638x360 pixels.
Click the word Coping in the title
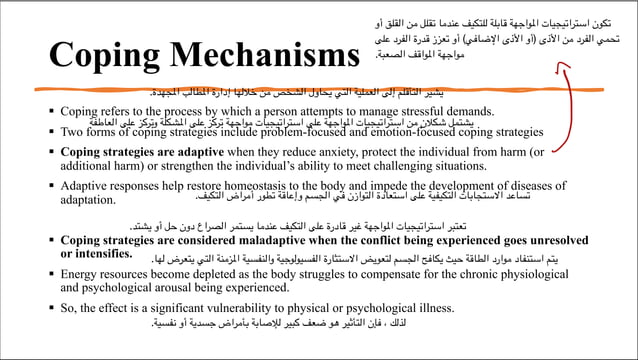pyautogui.click(x=95, y=56)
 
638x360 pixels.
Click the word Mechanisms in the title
pyautogui.click(x=257, y=56)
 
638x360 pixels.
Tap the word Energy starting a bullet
pyautogui.click(x=82, y=273)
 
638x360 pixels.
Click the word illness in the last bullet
pyautogui.click(x=430, y=307)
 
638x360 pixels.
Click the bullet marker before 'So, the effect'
pyautogui.click(x=50, y=307)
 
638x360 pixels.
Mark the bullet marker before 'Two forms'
pyautogui.click(x=50, y=131)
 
